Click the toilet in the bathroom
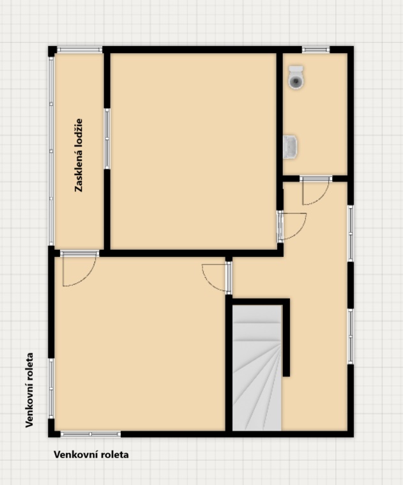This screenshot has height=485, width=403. [x=296, y=77]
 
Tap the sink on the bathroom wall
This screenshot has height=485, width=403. [x=290, y=147]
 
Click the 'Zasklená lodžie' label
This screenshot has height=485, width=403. [x=79, y=155]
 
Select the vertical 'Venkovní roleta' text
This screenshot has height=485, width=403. [x=29, y=390]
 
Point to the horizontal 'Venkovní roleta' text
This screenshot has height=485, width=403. [x=91, y=454]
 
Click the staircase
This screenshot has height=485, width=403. [x=257, y=368]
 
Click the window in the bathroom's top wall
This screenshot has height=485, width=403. [x=316, y=49]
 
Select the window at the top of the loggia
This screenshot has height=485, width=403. [x=80, y=50]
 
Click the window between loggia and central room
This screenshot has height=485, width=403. [x=107, y=139]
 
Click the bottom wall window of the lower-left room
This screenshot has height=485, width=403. [x=91, y=434]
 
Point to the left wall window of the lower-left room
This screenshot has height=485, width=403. [x=51, y=389]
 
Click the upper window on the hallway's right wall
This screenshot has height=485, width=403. [x=351, y=233]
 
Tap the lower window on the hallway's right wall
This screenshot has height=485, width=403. [x=351, y=337]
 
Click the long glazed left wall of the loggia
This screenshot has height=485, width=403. [x=51, y=151]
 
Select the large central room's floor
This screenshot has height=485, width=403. [x=193, y=151]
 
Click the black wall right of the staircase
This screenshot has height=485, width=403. [x=287, y=337]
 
